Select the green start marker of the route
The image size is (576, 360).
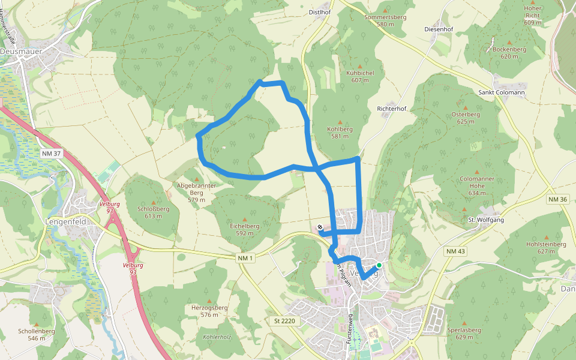point(379,265)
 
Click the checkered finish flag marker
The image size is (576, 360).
point(320,227)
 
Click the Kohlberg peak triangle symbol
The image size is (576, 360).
point(340,121)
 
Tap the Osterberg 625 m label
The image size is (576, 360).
point(465,118)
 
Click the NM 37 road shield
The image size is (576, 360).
point(52,154)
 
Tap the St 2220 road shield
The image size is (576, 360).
point(284,321)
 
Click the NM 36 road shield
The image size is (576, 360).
point(557,199)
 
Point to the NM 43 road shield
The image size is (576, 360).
point(455,251)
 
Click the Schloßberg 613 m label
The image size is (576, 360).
point(154,212)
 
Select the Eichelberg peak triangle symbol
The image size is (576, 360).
point(244,219)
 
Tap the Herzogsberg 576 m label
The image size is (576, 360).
point(209,311)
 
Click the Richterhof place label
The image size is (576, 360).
point(392,109)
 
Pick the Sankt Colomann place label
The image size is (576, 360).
point(502,92)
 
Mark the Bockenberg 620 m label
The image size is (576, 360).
point(505,52)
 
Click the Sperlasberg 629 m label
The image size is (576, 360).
point(464,334)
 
